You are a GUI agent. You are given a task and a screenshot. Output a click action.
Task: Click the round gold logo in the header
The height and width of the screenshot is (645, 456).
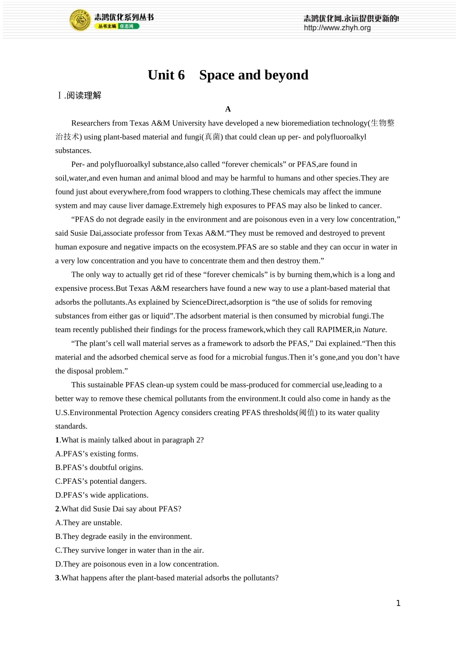point(80,21)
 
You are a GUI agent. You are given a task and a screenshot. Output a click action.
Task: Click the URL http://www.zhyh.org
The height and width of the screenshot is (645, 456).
point(337,28)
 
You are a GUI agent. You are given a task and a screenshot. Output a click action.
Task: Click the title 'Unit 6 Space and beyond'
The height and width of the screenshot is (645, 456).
point(228,75)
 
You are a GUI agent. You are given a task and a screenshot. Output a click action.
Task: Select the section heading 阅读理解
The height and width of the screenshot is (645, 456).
point(84,96)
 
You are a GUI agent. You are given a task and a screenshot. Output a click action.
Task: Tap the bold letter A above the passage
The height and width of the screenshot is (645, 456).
point(228,109)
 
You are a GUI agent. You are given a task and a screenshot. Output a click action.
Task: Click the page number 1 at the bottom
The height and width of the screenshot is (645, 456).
point(398,603)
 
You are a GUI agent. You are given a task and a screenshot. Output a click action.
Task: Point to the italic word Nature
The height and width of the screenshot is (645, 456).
point(374,330)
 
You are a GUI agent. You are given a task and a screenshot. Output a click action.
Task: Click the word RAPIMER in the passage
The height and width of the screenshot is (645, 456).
point(335,330)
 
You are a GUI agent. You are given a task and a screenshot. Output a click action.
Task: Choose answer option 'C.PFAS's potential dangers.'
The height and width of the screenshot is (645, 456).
point(101,481)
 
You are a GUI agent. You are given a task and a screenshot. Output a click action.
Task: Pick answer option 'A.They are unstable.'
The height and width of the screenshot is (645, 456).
point(89,523)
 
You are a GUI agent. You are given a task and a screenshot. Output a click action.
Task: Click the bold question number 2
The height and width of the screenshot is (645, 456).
point(57,509)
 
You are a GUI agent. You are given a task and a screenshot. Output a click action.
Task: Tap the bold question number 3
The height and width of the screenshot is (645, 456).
point(57,578)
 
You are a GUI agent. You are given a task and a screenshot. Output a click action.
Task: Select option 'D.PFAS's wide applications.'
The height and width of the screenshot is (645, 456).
point(102,495)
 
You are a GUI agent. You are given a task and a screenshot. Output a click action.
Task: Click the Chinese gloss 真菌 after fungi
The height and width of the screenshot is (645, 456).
point(212,137)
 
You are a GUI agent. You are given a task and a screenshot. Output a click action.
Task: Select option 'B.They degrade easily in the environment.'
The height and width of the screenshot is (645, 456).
point(123,537)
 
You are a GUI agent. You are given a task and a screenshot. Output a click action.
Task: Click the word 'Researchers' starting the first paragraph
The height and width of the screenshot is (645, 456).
point(91,123)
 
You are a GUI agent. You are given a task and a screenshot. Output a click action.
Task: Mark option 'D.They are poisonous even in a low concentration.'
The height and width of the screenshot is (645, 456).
point(137,564)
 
